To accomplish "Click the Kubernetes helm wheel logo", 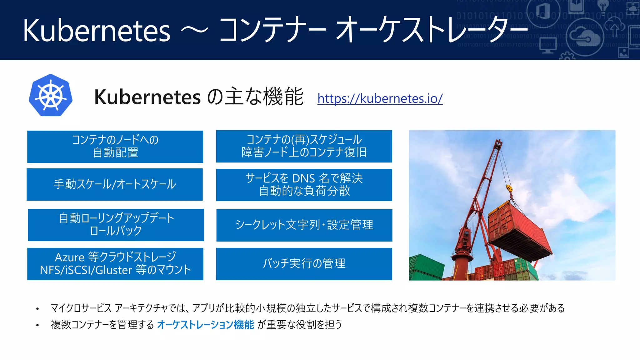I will [51, 96].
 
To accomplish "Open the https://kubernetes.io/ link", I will [380, 98].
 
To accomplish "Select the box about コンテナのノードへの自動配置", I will [115, 147].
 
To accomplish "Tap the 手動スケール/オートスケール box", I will [115, 184].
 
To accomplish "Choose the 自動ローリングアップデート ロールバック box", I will [116, 225].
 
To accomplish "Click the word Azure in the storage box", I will [69, 257].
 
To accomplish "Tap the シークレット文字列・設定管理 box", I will [304, 225].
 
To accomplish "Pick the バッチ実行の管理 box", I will [304, 264].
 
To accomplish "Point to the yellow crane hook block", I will [509, 188].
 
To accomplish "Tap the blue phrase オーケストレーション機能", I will [205, 325].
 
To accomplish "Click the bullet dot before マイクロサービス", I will [37, 309].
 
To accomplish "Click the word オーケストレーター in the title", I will [431, 31].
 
